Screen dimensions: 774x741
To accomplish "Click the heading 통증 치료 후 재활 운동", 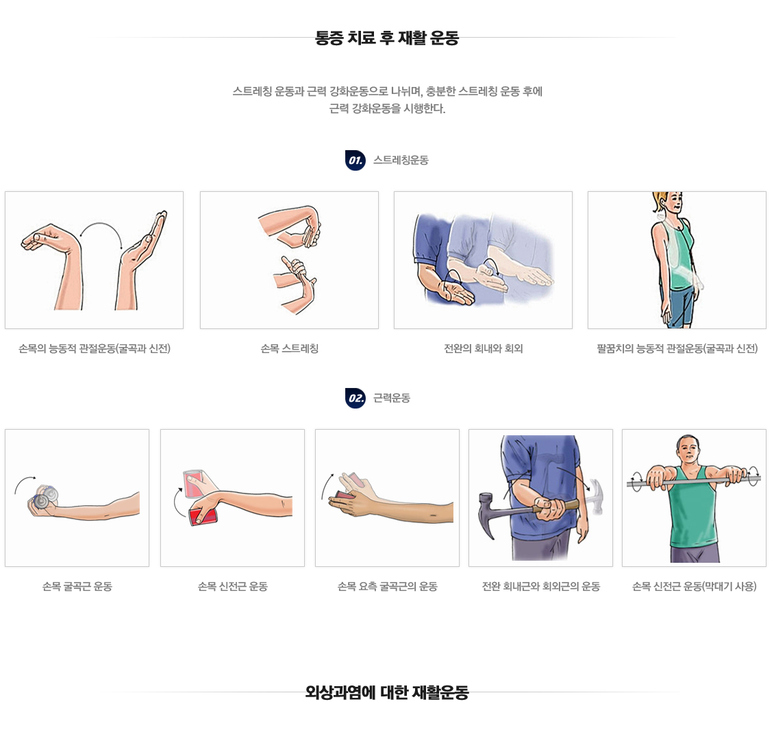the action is coord(387,38).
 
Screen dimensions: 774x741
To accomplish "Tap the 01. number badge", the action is coord(355,160).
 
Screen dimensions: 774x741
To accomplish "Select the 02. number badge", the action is coord(355,398).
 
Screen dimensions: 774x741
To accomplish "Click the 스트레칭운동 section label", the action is coord(401,160).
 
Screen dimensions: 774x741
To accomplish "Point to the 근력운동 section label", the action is coord(391,398).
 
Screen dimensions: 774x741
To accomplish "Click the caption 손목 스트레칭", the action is coord(289,349).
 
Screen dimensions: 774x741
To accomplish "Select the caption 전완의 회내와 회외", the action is coord(484,349).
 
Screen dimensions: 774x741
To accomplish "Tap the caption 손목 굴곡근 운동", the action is coord(77,586).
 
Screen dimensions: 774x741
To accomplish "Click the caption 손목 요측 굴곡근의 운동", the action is coord(388,586).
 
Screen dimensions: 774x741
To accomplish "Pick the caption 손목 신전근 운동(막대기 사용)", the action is coord(694,586).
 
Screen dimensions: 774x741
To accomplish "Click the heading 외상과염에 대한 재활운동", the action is coord(387,692).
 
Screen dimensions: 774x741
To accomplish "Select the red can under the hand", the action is coord(203,515).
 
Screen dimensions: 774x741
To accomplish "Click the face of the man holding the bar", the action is coord(688,450).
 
